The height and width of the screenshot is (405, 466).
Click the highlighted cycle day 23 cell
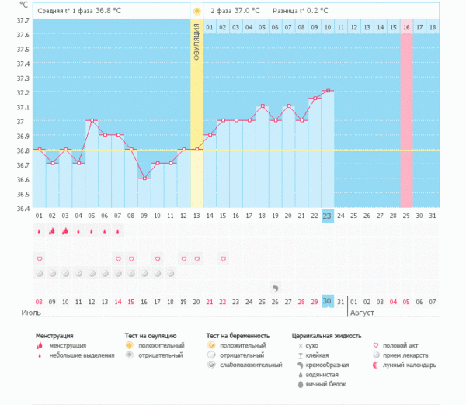[x=328, y=216]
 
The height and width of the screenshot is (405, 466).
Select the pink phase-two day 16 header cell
[x=406, y=27]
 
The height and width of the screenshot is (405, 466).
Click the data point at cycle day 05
[x=92, y=120]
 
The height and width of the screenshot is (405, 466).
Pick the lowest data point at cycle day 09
[x=144, y=178]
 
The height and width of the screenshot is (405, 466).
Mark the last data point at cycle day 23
[x=328, y=91]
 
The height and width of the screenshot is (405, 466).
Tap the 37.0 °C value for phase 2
[x=245, y=11]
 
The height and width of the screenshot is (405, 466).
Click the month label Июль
[x=30, y=312]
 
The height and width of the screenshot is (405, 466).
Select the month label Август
[x=363, y=312]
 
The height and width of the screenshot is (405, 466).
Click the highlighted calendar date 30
[x=328, y=301]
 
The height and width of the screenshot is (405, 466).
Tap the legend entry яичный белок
[x=324, y=384]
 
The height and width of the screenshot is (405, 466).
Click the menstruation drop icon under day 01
[x=39, y=230]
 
